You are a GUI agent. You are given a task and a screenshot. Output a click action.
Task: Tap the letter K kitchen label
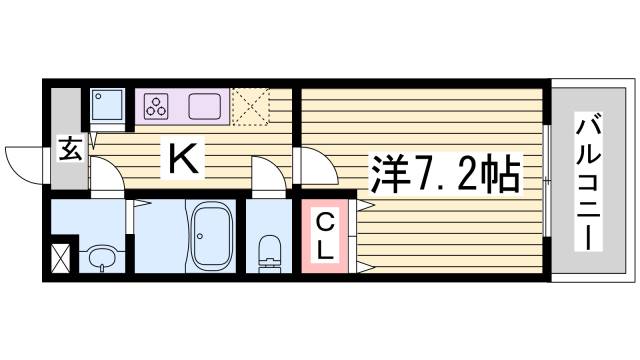pos(181,158)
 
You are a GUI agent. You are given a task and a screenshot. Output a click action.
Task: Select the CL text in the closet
pos(324,237)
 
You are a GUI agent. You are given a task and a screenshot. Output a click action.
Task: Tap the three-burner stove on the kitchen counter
pos(156,104)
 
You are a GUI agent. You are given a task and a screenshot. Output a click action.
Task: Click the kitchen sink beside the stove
pos(205,104)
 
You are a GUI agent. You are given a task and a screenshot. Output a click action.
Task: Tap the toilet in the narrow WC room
pos(268,251)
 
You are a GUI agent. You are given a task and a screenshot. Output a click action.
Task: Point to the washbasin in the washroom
pos(100,257)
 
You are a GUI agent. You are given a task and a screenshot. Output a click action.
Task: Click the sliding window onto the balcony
pos(547,180)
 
